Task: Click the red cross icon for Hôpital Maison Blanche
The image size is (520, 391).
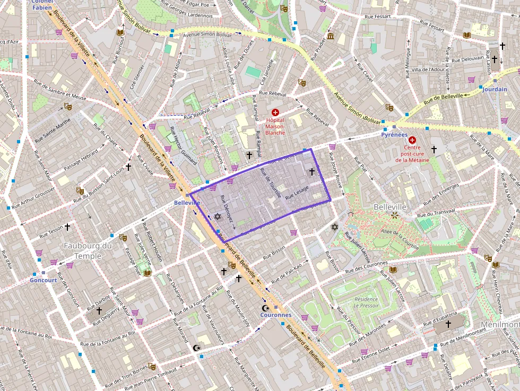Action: [275, 112]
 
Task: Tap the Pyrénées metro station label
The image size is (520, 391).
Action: [394, 135]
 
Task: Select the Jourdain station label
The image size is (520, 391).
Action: [495, 90]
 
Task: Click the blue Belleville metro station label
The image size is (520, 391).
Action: [187, 203]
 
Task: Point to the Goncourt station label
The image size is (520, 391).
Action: [44, 280]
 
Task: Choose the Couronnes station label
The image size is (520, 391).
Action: [275, 315]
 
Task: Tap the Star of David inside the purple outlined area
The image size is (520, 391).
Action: [217, 216]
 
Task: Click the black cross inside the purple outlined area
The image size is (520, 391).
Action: [312, 171]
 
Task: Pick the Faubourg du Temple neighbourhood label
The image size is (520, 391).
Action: [88, 250]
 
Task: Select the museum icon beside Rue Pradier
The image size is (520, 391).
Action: [331, 36]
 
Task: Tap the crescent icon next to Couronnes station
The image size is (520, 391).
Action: [265, 308]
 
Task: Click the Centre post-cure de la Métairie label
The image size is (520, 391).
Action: [412, 153]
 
